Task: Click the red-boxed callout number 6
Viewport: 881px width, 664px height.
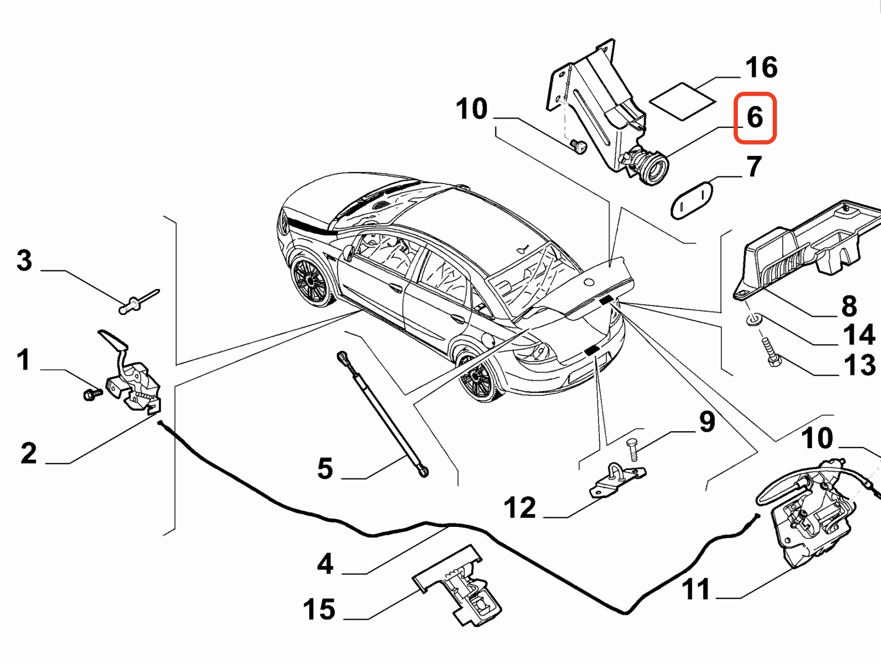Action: (755, 117)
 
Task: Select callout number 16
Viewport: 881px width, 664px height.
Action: (761, 67)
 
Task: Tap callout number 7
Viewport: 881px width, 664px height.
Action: (754, 166)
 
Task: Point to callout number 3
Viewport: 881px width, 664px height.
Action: (24, 260)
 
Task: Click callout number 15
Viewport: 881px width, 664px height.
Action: (319, 609)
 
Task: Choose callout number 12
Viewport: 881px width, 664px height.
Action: (519, 508)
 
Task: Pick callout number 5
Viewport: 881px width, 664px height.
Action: (325, 469)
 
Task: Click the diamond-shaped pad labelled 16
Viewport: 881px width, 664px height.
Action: (683, 101)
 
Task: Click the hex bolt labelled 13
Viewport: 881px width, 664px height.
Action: (771, 352)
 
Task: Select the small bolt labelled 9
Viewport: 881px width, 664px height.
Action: (633, 449)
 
